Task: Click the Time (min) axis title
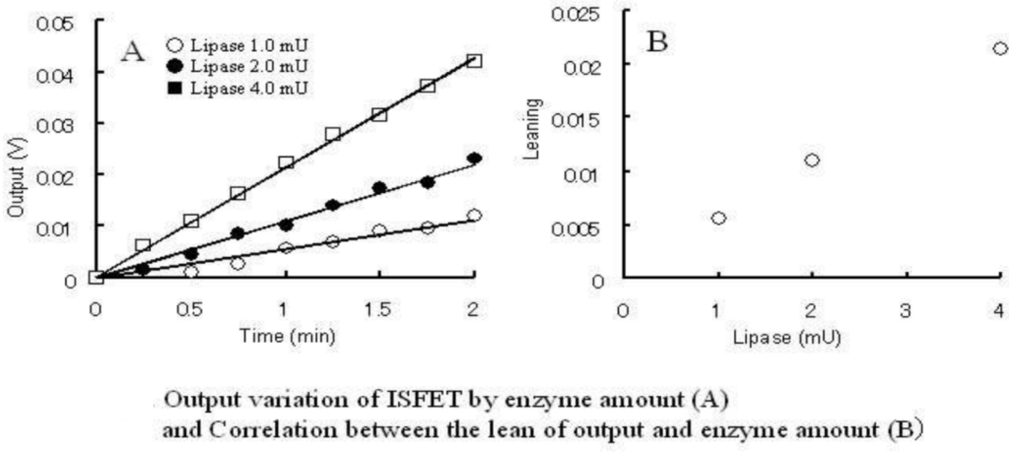[x=286, y=335]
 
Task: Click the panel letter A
[x=132, y=51]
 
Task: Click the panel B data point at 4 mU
[x=999, y=47]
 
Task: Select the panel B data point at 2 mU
[x=812, y=160]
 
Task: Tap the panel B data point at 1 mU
[x=718, y=218]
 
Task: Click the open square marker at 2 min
[x=474, y=61]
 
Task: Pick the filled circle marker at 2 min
[x=474, y=158]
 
